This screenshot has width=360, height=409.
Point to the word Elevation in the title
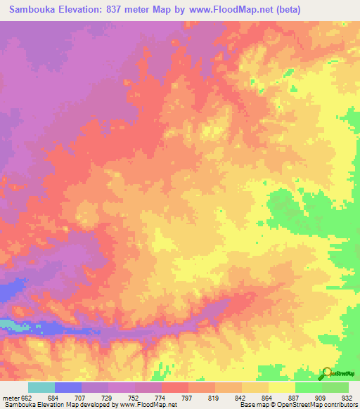(x=86, y=9)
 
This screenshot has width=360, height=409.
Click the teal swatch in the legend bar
(x=41, y=387)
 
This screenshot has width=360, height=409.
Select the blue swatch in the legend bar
(x=68, y=387)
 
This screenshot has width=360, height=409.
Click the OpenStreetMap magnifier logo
(x=327, y=373)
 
